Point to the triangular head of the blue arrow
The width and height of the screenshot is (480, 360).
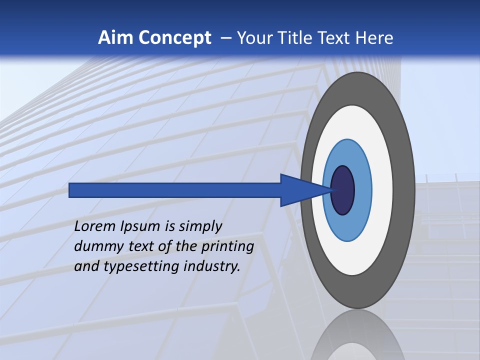point(300,190)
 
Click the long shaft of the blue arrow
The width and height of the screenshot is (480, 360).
point(175,190)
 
